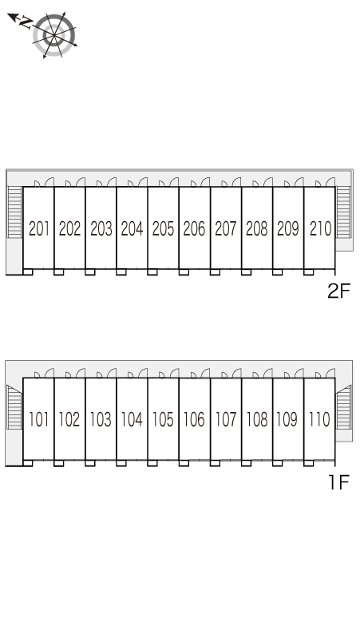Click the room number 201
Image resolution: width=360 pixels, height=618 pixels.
(39, 228)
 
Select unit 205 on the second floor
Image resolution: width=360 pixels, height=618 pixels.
(163, 228)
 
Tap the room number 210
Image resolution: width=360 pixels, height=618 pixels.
(320, 228)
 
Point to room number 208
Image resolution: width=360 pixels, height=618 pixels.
(257, 228)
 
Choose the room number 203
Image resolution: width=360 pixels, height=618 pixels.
(101, 228)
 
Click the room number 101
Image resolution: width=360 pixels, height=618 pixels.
(38, 419)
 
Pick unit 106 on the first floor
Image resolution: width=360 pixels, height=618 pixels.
(194, 419)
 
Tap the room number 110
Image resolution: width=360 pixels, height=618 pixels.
(319, 419)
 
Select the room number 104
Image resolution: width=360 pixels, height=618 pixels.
(132, 419)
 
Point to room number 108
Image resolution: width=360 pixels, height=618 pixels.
(257, 419)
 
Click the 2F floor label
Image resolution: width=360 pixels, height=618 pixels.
(338, 291)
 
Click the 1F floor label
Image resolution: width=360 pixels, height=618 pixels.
(339, 482)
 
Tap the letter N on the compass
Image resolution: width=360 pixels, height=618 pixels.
(26, 22)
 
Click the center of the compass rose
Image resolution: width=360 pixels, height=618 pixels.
(54, 35)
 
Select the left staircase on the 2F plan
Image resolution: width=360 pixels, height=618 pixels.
(14, 212)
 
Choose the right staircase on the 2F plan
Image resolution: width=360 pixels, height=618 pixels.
(343, 212)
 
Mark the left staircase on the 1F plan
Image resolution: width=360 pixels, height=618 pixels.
(14, 407)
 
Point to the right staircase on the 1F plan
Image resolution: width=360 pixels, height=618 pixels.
(343, 407)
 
